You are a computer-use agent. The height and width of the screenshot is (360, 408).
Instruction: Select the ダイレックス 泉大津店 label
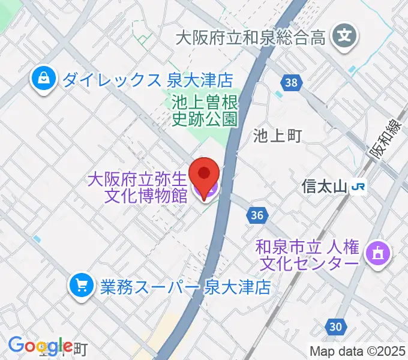[x=147, y=79]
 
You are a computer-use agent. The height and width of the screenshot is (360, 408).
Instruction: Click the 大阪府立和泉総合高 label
[x=250, y=38]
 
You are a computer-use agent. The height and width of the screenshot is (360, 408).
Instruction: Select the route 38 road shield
[x=290, y=83]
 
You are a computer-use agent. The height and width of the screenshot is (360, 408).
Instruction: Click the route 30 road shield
[x=336, y=327]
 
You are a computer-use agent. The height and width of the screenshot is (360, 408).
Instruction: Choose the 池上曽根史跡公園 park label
[x=205, y=111]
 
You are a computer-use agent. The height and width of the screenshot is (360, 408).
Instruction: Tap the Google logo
[x=36, y=345]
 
